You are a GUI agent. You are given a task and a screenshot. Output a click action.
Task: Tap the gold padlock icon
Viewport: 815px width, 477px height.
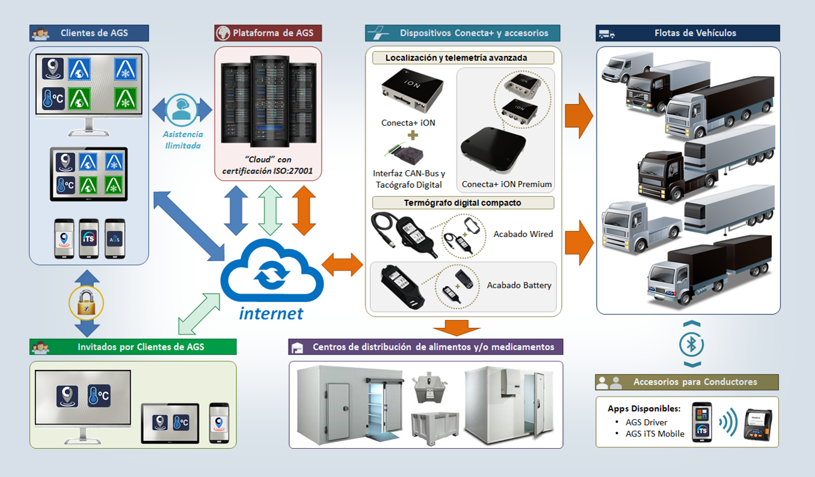point(87,302)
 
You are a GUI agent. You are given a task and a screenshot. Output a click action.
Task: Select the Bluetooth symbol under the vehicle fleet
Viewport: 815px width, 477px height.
point(692,344)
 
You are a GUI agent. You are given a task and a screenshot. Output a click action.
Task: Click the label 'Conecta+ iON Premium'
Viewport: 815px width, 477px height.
point(506,185)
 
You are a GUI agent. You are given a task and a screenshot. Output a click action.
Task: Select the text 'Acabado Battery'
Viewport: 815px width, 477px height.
point(519,285)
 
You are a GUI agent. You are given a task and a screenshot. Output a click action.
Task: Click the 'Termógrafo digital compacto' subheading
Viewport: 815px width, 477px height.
point(463,203)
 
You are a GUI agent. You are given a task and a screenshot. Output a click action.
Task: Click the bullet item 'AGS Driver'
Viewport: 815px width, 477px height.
point(647,422)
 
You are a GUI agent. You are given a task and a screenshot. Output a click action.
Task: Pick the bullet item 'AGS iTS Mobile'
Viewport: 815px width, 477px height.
point(655,434)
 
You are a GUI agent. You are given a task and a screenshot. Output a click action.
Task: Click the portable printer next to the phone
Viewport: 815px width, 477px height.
point(757,424)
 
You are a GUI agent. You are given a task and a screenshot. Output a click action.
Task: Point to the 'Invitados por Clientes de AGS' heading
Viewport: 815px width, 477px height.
point(141,346)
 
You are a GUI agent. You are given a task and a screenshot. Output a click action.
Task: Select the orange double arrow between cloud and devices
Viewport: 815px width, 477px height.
point(343,265)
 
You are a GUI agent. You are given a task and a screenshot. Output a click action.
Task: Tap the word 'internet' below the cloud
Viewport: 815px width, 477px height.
point(271,313)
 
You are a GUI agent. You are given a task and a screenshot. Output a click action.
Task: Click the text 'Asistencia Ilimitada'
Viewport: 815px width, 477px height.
point(183,140)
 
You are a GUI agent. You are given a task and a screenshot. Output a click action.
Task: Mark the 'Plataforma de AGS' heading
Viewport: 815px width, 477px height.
point(273,33)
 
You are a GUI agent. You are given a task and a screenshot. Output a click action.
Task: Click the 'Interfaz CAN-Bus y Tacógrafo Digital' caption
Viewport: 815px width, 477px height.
point(409,179)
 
